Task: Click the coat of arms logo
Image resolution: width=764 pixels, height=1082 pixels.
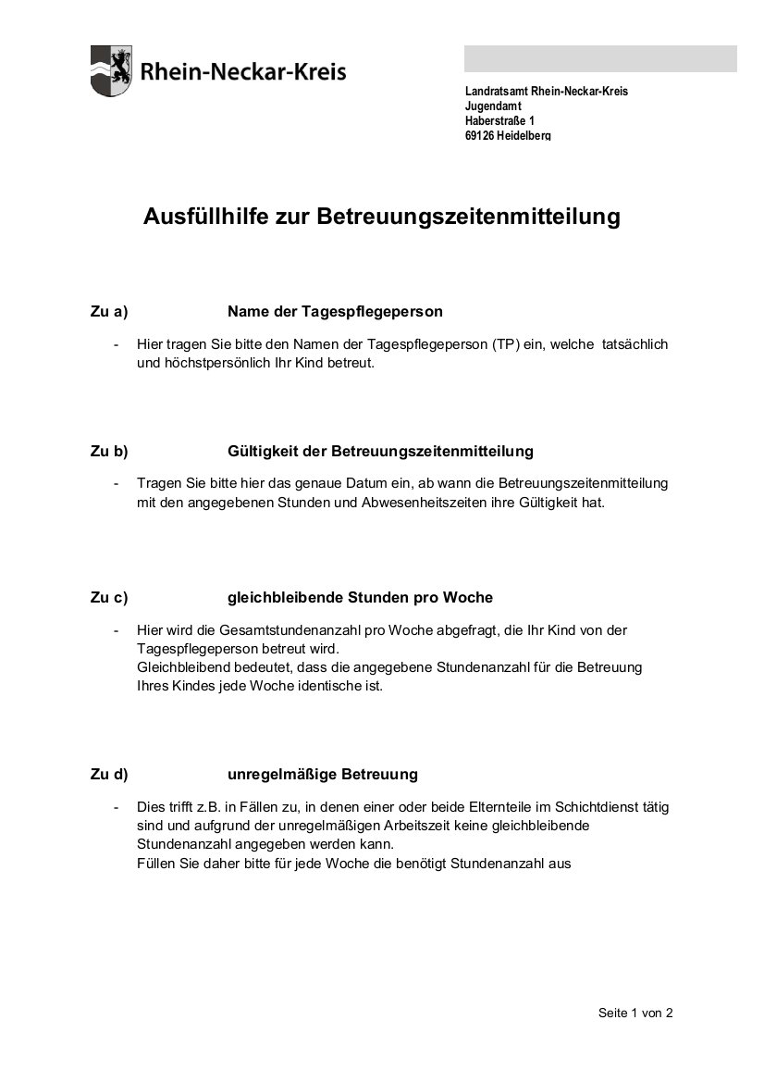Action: click(111, 71)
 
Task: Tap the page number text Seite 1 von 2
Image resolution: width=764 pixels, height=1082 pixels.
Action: click(635, 1013)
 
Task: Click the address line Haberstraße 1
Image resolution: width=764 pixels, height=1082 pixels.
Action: click(499, 121)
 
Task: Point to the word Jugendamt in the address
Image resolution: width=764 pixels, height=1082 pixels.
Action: click(493, 106)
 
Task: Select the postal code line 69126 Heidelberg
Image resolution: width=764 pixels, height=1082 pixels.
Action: click(508, 136)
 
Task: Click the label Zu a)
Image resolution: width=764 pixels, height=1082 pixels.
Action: click(108, 311)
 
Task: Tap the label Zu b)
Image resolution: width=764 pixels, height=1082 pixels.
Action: click(108, 451)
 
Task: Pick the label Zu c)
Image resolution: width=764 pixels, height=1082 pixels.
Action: click(108, 597)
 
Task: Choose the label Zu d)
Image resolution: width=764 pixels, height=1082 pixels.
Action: click(108, 773)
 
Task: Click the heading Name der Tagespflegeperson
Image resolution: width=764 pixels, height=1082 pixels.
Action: click(335, 311)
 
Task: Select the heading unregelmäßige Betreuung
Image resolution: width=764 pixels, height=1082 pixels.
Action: click(323, 773)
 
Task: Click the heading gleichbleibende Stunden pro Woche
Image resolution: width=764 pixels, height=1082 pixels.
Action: click(360, 597)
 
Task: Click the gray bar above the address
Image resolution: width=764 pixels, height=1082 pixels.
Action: click(600, 59)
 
